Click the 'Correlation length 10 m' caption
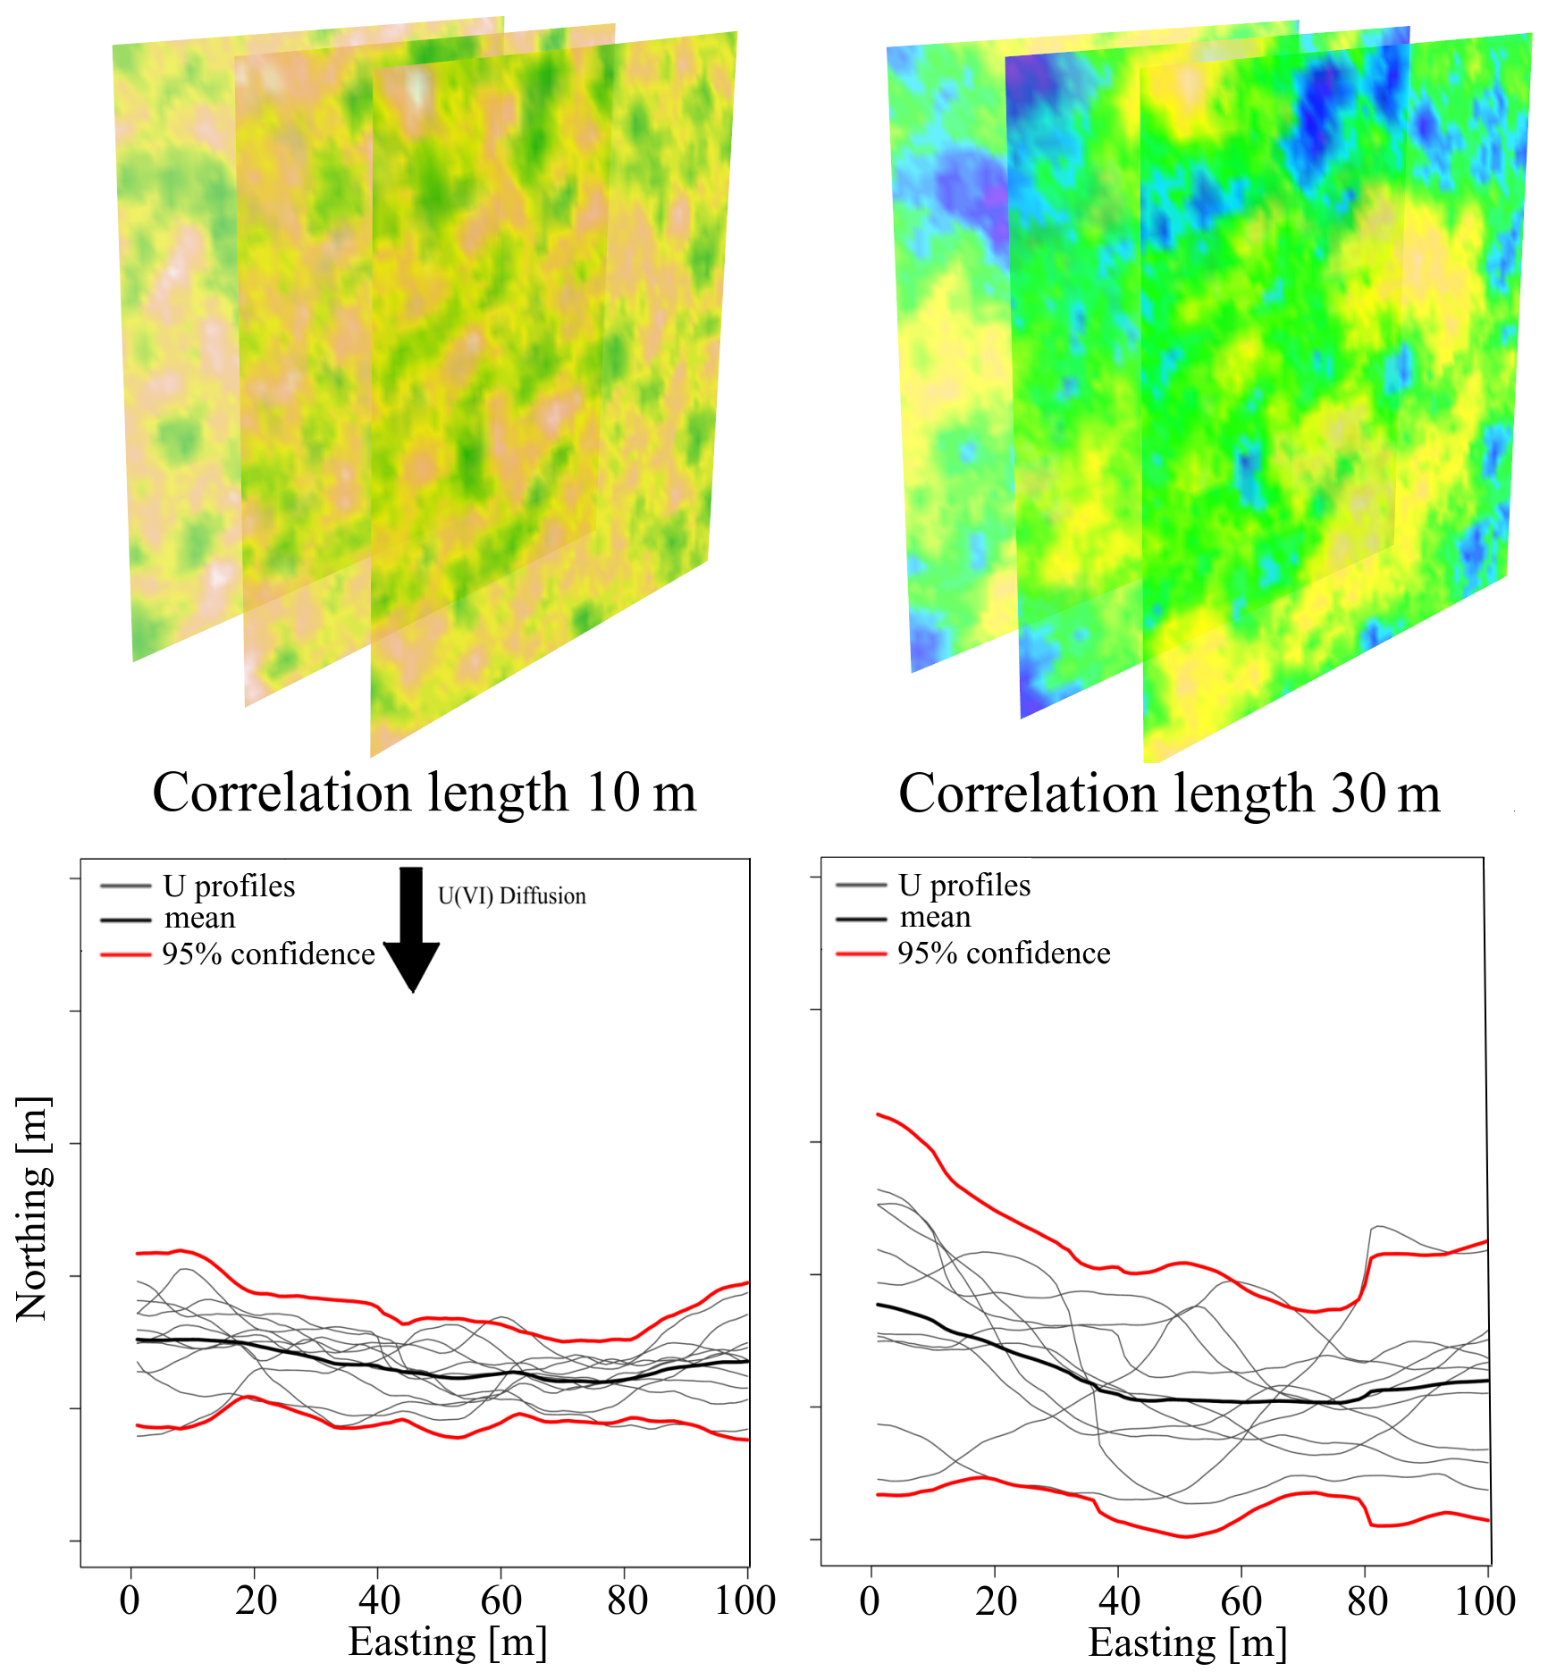click(x=424, y=793)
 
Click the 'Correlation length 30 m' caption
click(x=1169, y=794)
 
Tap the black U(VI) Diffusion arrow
click(x=411, y=929)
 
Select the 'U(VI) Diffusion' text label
click(x=511, y=896)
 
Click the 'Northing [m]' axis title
click(x=34, y=1208)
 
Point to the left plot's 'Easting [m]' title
click(x=447, y=1642)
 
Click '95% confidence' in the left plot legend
click(x=268, y=954)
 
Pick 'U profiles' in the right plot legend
click(x=964, y=886)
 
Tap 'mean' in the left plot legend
click(x=200, y=919)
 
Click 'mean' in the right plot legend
click(x=935, y=918)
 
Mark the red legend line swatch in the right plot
click(x=861, y=954)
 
